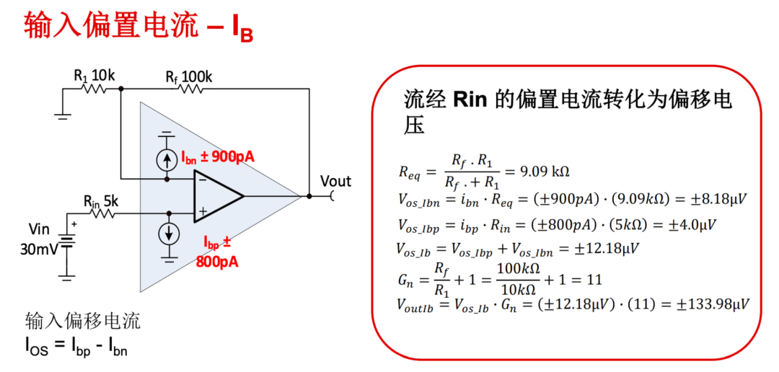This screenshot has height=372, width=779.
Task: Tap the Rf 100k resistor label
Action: coord(188,74)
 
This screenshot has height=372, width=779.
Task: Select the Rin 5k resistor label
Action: coord(100,200)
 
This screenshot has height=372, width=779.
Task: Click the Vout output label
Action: coord(335,181)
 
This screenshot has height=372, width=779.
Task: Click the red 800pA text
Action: coord(216,261)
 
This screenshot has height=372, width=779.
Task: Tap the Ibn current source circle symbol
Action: coord(167,159)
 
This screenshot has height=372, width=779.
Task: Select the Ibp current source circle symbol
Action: coord(169,233)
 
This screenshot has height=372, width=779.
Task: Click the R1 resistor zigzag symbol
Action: coord(94,89)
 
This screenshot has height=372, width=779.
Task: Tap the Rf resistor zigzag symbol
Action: coord(189,89)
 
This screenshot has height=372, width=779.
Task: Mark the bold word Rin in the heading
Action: coord(471,99)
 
